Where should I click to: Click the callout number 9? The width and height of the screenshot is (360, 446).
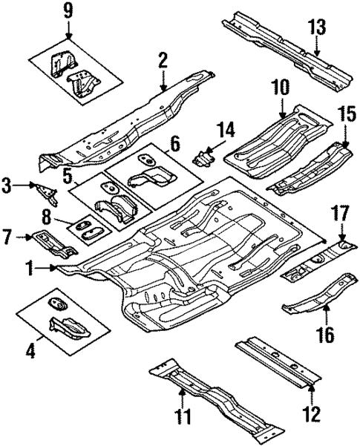pos(68,11)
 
